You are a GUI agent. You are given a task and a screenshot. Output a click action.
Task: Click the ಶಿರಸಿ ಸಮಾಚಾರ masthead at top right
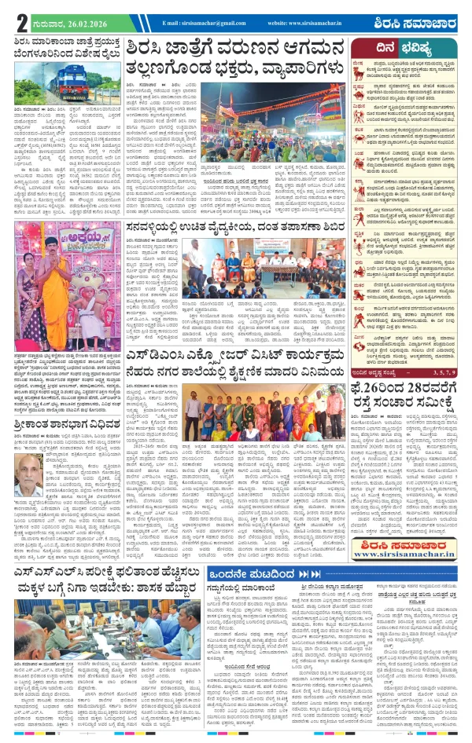tap(425, 23)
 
